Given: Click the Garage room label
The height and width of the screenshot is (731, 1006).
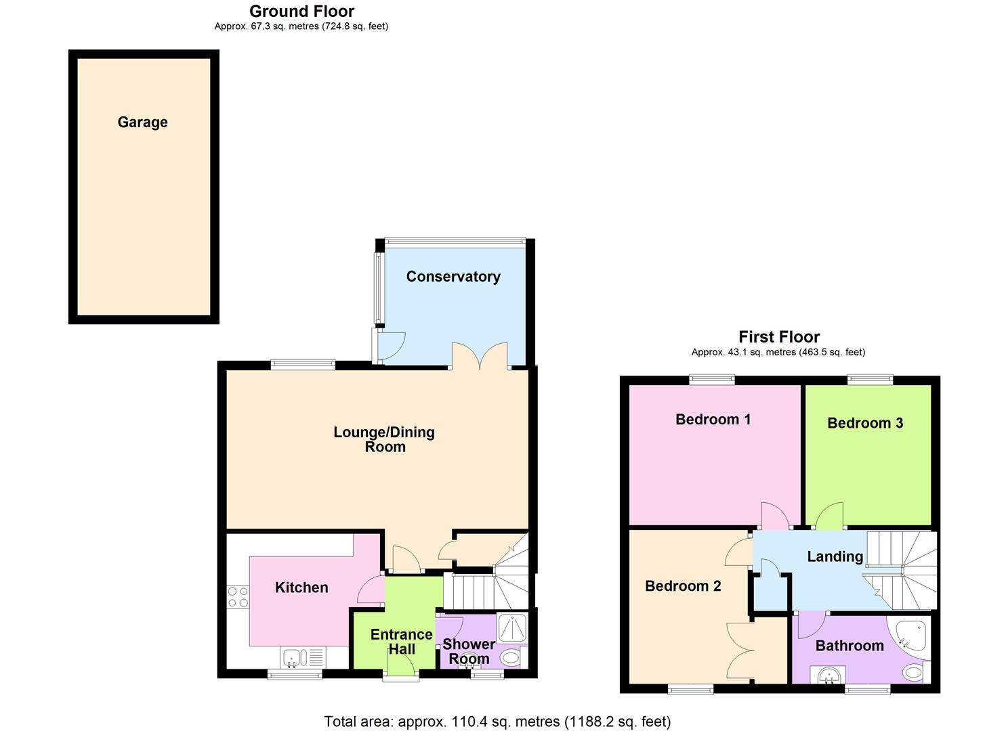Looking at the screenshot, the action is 142,122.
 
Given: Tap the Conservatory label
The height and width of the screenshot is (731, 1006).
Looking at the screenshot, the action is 453,276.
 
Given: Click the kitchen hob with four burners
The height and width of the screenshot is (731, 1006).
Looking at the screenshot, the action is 238,597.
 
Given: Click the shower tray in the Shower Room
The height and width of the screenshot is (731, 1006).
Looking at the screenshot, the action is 512,628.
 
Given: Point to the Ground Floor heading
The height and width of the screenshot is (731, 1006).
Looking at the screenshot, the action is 302,11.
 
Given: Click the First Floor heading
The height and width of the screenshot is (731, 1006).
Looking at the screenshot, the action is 779,336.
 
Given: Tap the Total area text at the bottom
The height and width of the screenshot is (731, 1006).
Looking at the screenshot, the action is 497,722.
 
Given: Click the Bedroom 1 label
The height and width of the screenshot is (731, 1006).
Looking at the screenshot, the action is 713,419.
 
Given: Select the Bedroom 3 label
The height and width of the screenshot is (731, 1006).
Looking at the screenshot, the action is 865,423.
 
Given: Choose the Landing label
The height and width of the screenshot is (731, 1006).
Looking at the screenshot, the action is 835,556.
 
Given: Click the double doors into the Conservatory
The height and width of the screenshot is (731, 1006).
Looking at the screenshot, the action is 480,356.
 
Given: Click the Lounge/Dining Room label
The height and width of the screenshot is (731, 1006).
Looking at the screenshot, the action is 384,439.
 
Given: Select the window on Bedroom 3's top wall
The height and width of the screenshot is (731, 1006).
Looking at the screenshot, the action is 870,380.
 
